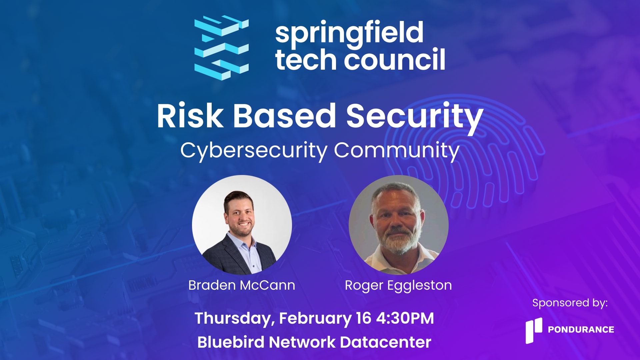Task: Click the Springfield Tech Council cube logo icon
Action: click(221, 47)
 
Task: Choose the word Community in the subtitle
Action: click(397, 151)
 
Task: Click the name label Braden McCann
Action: click(242, 285)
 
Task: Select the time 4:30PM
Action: click(405, 318)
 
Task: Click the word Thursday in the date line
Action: click(235, 319)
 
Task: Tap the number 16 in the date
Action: click(363, 318)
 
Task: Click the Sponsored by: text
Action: click(570, 303)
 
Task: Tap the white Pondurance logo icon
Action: click(534, 330)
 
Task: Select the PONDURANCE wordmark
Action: click(581, 330)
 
